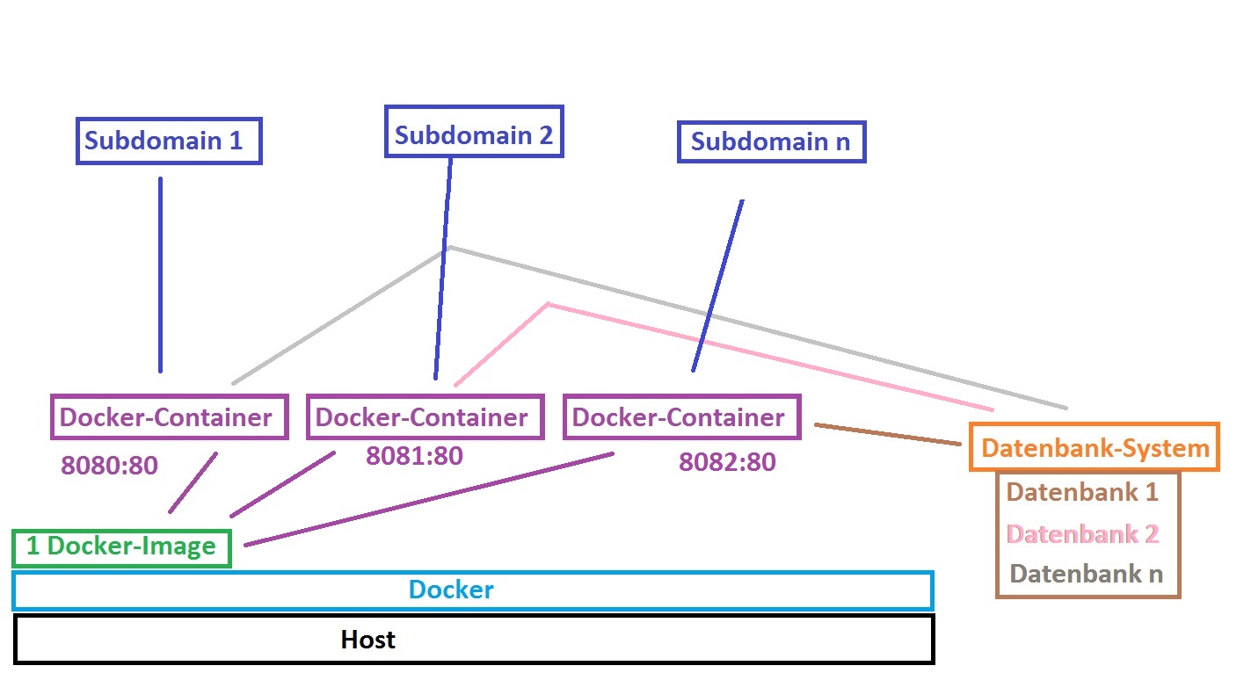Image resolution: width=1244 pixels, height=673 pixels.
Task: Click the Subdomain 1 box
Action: (170, 141)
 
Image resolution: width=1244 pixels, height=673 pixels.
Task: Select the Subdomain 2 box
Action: (474, 133)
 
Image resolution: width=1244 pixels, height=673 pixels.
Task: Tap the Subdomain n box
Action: (771, 141)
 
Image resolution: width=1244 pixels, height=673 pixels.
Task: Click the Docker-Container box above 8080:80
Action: (170, 416)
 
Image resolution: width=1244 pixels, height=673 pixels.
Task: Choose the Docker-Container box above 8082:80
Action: (681, 416)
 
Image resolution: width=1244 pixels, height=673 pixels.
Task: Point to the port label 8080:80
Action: (110, 465)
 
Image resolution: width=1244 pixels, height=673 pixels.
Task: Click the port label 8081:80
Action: (414, 456)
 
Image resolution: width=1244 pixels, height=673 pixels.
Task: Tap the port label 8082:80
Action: (727, 462)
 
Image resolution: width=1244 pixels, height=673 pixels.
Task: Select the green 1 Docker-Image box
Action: (122, 546)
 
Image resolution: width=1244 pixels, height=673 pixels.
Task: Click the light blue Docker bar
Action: (472, 590)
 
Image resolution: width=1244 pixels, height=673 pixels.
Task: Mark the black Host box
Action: (474, 639)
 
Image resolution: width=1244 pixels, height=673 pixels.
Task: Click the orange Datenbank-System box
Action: (1095, 448)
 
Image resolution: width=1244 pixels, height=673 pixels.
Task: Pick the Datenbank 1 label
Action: (1082, 492)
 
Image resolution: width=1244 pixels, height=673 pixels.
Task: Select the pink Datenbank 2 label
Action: (1082, 534)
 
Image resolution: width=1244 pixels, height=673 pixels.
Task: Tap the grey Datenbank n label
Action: (1087, 575)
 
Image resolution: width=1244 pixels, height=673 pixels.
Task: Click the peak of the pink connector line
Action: (548, 305)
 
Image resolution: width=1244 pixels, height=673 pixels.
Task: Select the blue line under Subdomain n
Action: (717, 286)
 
